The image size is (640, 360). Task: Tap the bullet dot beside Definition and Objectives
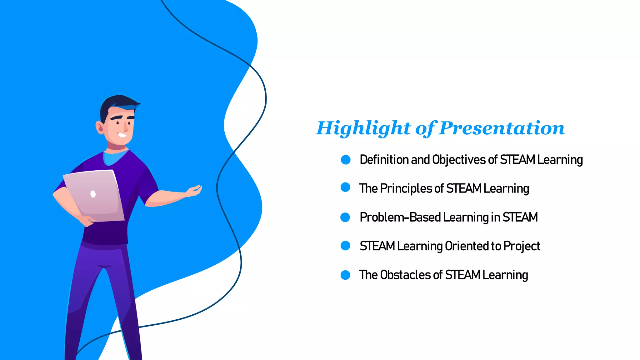(346, 160)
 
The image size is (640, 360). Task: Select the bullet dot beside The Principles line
(345, 187)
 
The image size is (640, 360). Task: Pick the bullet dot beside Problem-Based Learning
(345, 217)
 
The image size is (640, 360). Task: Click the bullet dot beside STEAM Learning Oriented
(345, 246)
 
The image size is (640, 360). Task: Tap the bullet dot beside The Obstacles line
(345, 275)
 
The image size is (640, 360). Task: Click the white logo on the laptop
(93, 194)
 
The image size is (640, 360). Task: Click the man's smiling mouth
(122, 135)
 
